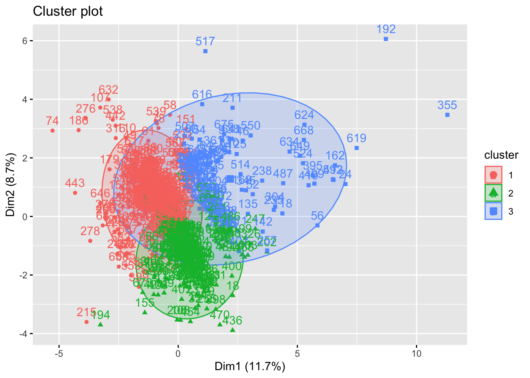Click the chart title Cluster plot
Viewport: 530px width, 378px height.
coord(68,11)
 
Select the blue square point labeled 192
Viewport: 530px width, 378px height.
coord(386,39)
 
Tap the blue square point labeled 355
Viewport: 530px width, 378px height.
coord(447,115)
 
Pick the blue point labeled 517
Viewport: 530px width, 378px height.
coord(205,51)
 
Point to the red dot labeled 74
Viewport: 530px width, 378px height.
coord(52,130)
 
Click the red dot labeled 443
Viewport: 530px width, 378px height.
coord(75,193)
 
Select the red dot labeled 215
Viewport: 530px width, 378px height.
coord(86,322)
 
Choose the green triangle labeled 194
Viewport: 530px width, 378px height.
coord(101,324)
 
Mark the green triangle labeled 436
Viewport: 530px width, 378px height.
coord(232,330)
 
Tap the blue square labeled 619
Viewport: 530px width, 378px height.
coord(356,148)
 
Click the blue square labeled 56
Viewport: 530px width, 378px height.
coord(317,225)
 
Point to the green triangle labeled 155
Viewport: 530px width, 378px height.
coord(145,312)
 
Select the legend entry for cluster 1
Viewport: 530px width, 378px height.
coord(493,175)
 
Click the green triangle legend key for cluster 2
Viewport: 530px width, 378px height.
coord(493,193)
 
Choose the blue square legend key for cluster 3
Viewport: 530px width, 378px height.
coord(493,211)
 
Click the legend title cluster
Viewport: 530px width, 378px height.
coord(501,155)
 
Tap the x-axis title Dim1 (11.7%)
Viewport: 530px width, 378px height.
coord(250,367)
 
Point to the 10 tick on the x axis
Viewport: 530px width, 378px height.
coord(416,354)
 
